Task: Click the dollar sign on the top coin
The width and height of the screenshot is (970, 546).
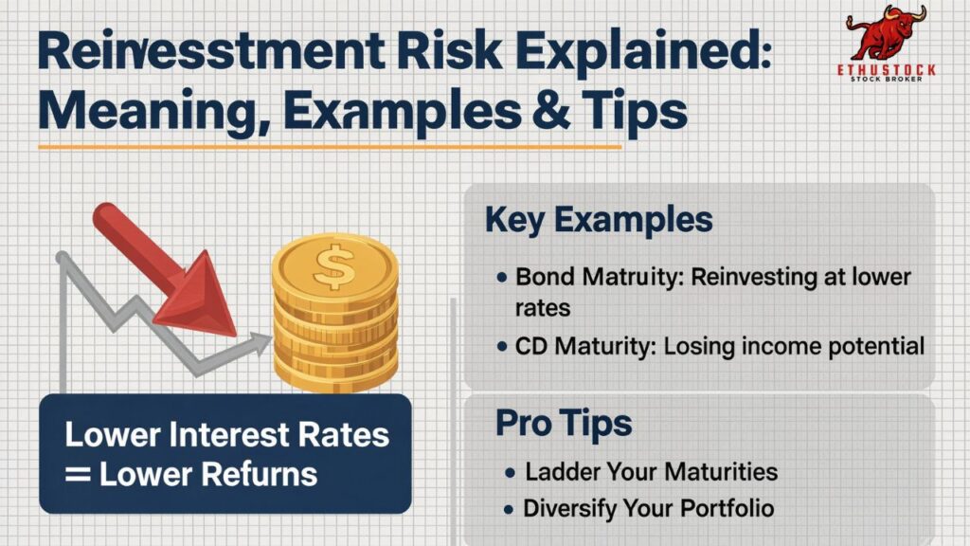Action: [x=332, y=268]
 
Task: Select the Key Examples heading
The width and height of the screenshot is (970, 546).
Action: [x=598, y=219]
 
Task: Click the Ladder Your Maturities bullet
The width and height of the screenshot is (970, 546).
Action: [x=651, y=471]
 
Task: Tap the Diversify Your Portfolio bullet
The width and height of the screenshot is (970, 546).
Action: [x=648, y=508]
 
